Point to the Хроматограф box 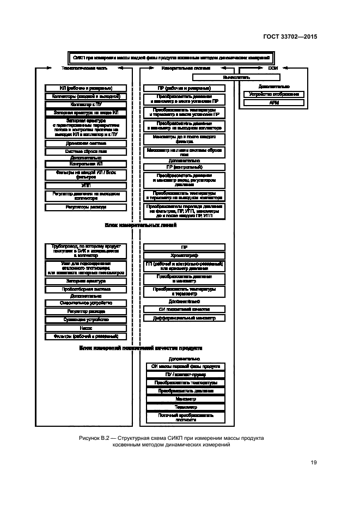point(184,255)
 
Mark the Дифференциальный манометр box point(184,317)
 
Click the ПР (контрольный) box point(184,167)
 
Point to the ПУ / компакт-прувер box point(184,375)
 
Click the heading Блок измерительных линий point(141,224)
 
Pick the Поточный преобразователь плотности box point(184,417)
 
